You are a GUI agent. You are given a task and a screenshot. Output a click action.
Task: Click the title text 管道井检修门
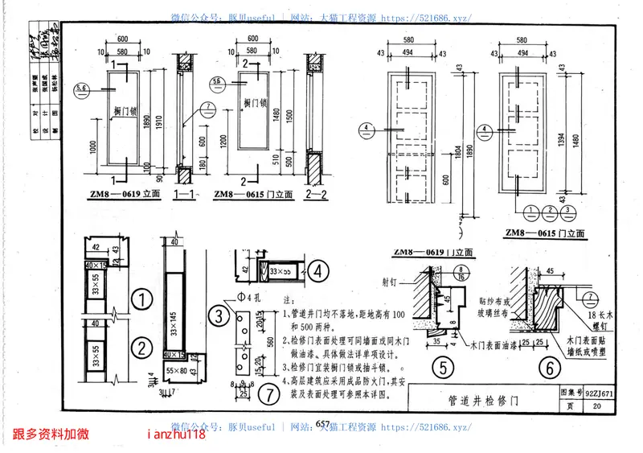[x=483, y=400]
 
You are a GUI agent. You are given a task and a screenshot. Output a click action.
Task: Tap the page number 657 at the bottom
[x=322, y=425]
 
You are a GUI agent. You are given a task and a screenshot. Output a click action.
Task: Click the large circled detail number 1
[x=141, y=300]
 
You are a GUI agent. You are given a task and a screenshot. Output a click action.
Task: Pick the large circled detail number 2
[x=141, y=348]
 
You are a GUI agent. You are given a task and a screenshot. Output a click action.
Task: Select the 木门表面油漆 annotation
[x=494, y=344]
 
